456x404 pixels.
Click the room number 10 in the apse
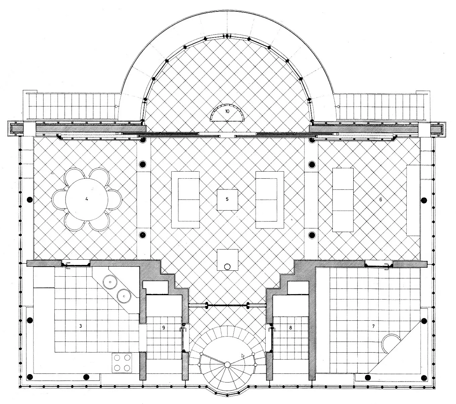click(x=227, y=111)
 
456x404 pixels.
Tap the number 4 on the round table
click(x=87, y=199)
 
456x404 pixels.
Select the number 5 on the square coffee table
click(x=227, y=199)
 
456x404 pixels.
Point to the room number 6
click(x=380, y=199)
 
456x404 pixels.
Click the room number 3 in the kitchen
click(x=81, y=326)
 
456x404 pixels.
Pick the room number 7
click(x=373, y=326)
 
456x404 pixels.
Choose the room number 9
click(x=164, y=328)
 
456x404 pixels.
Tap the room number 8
click(x=290, y=328)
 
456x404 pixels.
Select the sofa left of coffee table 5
click(x=185, y=200)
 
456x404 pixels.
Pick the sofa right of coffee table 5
click(x=270, y=200)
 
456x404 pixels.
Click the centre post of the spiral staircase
click(x=227, y=364)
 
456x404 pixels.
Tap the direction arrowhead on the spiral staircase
click(x=243, y=356)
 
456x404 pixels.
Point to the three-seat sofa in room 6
click(x=343, y=200)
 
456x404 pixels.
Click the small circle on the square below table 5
click(x=227, y=267)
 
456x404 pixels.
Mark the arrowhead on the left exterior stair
click(x=116, y=106)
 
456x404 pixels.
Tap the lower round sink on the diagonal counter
click(x=124, y=296)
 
